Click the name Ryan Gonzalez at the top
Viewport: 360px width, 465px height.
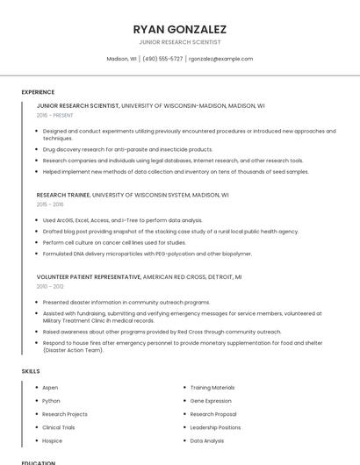(179, 29)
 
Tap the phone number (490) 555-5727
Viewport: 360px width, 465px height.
(162, 59)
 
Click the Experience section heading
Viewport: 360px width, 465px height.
(38, 92)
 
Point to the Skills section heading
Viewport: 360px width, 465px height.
(31, 371)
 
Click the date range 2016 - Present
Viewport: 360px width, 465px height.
(54, 115)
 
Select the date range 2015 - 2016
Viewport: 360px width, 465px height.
(50, 204)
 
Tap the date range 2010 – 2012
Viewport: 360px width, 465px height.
(50, 286)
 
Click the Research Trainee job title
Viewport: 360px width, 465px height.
(62, 195)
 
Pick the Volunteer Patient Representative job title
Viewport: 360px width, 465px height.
(89, 277)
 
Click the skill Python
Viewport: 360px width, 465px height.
(51, 400)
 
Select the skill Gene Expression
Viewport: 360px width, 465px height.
(211, 400)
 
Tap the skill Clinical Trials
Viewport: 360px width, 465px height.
(59, 427)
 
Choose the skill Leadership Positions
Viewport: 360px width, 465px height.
(215, 427)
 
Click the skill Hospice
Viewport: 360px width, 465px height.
(52, 440)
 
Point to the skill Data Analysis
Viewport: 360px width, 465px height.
(207, 440)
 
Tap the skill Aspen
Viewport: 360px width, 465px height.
(50, 387)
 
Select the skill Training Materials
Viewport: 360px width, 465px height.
(212, 387)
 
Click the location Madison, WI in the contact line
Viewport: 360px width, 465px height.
(121, 59)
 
